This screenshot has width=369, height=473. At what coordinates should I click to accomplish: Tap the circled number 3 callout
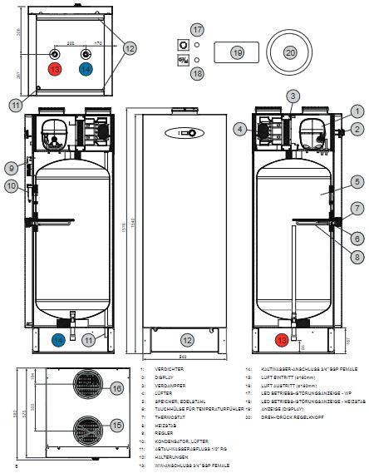coord(293,97)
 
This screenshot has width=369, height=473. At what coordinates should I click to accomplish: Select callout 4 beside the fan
coord(240,129)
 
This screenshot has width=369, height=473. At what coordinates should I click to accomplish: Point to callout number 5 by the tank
coord(355,180)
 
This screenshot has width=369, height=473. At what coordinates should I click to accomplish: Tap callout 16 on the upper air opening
coord(117,388)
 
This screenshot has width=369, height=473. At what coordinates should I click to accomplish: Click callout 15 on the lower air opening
coord(117,425)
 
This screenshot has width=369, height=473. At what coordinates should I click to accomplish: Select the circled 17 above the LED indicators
coord(197,29)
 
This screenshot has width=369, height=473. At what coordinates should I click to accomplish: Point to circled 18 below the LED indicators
coord(197,73)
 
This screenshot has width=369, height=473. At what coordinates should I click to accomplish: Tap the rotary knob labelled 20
coord(290,52)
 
